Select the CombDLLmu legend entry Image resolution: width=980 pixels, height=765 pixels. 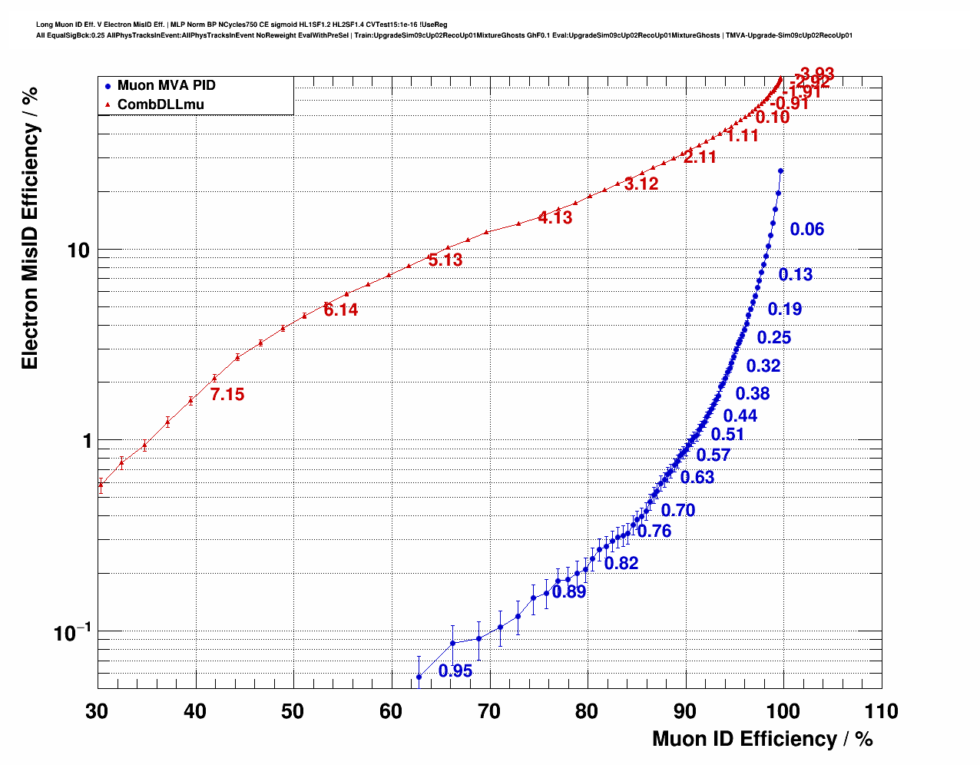[x=161, y=104]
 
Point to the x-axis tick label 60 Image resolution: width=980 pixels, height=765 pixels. [x=391, y=712]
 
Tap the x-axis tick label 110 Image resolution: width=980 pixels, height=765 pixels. [x=881, y=712]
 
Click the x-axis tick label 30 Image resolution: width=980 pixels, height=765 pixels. [x=97, y=712]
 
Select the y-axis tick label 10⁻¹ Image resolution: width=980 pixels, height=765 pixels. [x=72, y=633]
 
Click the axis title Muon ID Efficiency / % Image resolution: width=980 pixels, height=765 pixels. [x=762, y=739]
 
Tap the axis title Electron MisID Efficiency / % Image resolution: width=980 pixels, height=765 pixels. [x=30, y=228]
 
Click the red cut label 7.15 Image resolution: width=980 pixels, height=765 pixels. [x=227, y=395]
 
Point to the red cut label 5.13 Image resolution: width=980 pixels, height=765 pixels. [x=445, y=260]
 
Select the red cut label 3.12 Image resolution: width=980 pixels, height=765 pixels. [x=641, y=184]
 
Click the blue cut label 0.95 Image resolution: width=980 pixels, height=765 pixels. [x=455, y=671]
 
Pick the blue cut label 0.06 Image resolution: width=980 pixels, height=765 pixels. [x=807, y=230]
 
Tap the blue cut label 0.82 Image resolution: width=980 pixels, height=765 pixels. [x=621, y=564]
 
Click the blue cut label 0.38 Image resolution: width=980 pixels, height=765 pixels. [x=753, y=394]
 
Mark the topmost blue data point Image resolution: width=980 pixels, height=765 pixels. [x=781, y=171]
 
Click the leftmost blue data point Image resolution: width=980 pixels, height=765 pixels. [x=419, y=677]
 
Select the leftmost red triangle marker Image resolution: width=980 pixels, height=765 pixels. [x=101, y=484]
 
